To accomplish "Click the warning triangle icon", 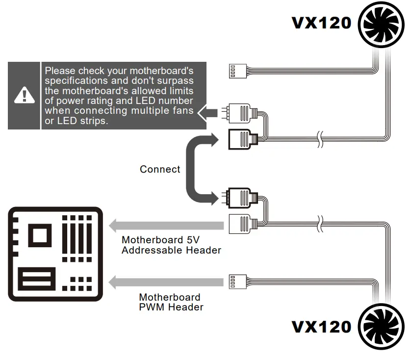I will coord(23,95).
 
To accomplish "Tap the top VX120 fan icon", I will coord(382,23).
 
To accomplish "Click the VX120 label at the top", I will coord(322,23).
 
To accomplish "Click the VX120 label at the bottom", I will coord(322,327).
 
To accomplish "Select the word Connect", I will coord(160,169).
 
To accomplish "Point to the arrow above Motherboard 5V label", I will coord(167,226).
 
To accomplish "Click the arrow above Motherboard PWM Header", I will coord(167,283).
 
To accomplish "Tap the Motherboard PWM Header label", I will coord(171,302).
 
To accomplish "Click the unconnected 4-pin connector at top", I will coord(237,71).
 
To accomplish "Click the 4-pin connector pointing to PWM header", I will coord(237,283).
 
